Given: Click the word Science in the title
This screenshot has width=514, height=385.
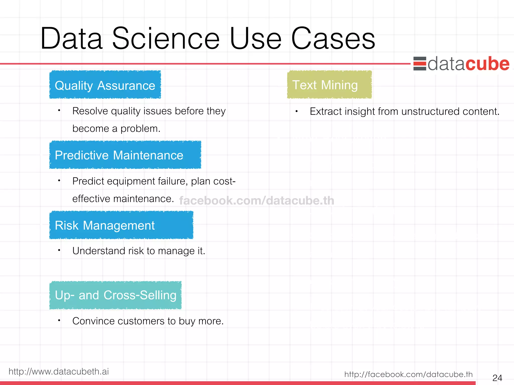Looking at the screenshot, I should [x=166, y=39].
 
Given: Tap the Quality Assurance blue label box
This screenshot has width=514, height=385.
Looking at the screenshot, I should [x=105, y=85].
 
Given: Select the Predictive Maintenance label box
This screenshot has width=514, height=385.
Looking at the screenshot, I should [x=125, y=155].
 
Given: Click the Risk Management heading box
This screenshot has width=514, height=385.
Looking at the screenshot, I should [x=121, y=225].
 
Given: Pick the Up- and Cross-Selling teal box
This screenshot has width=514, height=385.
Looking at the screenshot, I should [x=115, y=295].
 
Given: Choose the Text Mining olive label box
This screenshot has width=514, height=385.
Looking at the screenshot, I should [x=329, y=85].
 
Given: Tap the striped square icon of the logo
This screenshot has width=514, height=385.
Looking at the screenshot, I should [x=420, y=64].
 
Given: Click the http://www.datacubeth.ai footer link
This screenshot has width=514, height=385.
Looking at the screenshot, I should [x=59, y=371].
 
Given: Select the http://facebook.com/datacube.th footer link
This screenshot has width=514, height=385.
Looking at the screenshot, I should [x=408, y=374].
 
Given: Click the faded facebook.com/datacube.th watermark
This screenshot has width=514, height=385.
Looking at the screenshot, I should [x=256, y=201].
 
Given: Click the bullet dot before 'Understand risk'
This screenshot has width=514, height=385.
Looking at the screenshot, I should [x=59, y=250].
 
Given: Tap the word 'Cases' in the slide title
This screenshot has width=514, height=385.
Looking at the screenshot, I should [x=333, y=39].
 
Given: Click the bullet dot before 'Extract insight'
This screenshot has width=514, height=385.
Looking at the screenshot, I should [x=296, y=111].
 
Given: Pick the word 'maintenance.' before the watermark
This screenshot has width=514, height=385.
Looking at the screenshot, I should [x=144, y=199].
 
